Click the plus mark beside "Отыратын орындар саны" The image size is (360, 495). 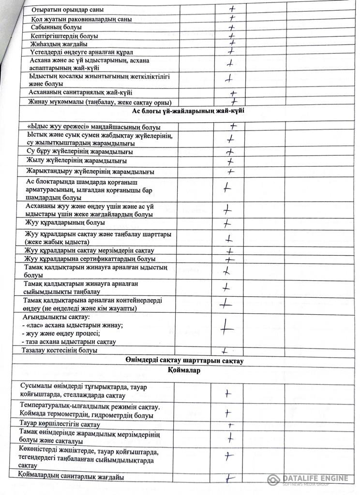coord(233,9)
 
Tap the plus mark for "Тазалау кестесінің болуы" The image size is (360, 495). coord(225,350)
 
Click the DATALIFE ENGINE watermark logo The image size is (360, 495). coord(307,480)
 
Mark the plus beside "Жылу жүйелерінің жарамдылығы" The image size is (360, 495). coord(230,161)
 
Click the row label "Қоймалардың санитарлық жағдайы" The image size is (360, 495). coord(71,478)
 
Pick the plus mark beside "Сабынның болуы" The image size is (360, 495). coord(231,28)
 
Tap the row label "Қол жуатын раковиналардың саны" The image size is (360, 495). coord(80,19)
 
